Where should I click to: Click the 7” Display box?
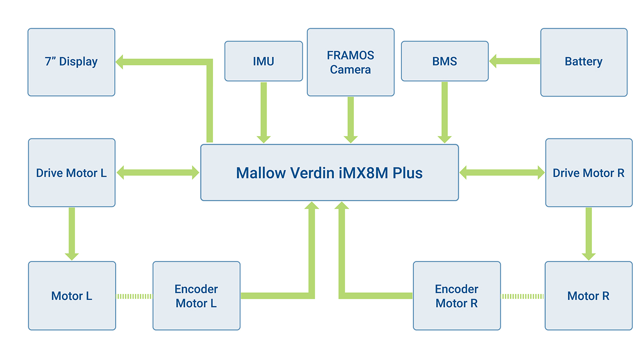(x=71, y=62)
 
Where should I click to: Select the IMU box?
(x=264, y=61)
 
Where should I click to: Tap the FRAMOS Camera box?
(x=350, y=62)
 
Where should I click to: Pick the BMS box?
(x=444, y=61)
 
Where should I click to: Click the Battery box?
(x=584, y=62)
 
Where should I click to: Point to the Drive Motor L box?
(x=71, y=173)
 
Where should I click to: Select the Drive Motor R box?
(x=588, y=173)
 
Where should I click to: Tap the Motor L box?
(x=72, y=296)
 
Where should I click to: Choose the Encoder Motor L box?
(x=196, y=296)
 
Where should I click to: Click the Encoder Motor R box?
(x=456, y=296)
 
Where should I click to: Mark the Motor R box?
(x=588, y=296)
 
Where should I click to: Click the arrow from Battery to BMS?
(x=515, y=61)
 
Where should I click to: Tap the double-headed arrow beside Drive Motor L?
(x=158, y=173)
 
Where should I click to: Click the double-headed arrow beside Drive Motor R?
(x=502, y=173)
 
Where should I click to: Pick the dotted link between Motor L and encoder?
(x=134, y=296)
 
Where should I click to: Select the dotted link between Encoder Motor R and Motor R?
(x=522, y=296)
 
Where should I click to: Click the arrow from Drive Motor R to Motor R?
(x=588, y=233)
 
